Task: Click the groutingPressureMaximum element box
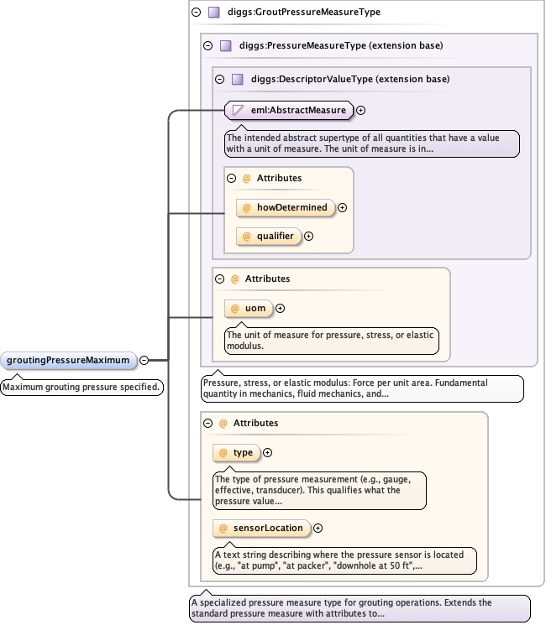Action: tap(68, 361)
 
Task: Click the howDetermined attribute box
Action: tap(285, 207)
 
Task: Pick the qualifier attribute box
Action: tap(269, 237)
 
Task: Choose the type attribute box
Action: tap(236, 453)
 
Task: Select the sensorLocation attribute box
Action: tap(261, 528)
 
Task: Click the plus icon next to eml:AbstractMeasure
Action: tap(361, 110)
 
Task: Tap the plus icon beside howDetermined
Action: tap(343, 208)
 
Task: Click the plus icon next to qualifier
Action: tap(308, 237)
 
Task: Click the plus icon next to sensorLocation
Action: tap(318, 528)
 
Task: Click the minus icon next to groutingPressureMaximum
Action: tap(144, 361)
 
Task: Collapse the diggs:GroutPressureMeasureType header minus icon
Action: tap(196, 13)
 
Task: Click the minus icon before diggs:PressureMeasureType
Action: tap(207, 45)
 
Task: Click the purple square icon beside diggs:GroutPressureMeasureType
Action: tap(214, 13)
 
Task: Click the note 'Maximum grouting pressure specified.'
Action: tap(81, 388)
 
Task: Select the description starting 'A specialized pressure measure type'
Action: tap(360, 608)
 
